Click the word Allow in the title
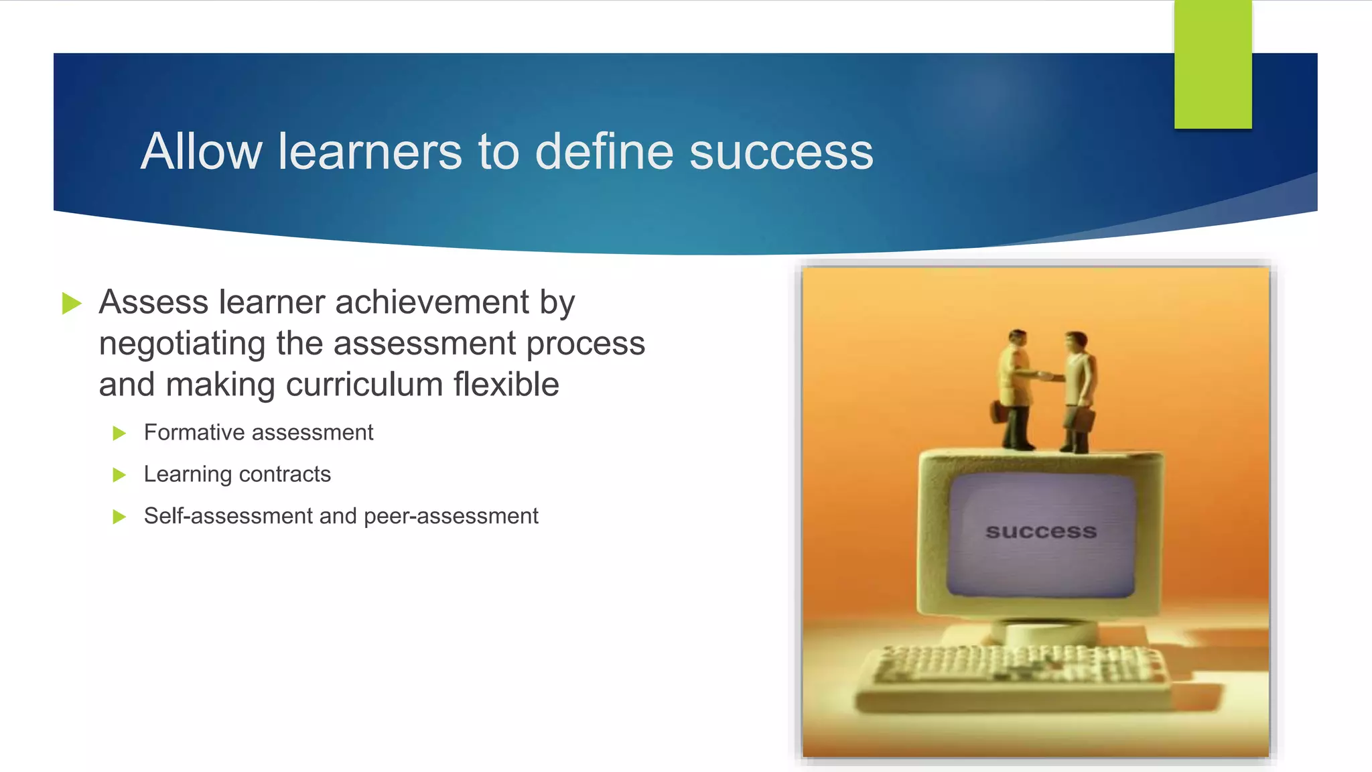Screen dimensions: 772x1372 [x=201, y=151]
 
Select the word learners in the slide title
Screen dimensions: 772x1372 [x=370, y=151]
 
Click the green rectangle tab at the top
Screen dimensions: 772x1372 [x=1213, y=64]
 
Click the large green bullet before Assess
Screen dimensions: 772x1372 [x=71, y=303]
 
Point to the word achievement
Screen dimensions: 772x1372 [x=433, y=302]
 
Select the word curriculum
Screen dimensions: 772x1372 [x=364, y=385]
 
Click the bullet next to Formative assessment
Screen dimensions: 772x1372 [x=119, y=434]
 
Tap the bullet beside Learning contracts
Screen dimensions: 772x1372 [x=119, y=475]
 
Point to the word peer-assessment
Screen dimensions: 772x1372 [x=451, y=516]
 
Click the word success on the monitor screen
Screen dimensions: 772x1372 [x=1040, y=531]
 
